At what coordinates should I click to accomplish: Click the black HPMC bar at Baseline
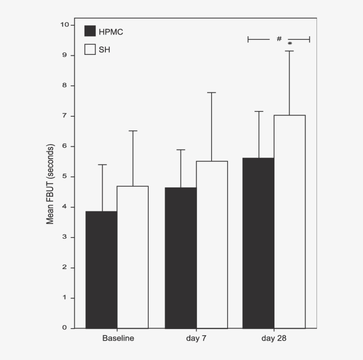point(101,269)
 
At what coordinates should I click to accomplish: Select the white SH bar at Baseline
point(132,257)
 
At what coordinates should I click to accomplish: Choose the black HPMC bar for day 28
point(259,243)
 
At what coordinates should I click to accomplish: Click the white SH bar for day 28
point(290,222)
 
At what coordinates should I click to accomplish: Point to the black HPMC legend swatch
point(90,31)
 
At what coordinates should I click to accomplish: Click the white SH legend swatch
point(90,50)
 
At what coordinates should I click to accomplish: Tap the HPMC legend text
point(111,31)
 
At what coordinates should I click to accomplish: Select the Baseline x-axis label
point(118,339)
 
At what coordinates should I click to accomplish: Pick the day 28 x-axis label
point(274,339)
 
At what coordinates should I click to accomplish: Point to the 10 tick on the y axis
point(65,25)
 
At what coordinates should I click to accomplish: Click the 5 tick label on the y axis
point(65,176)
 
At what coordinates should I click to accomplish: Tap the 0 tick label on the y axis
point(65,328)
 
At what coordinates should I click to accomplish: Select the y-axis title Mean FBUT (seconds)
point(50,184)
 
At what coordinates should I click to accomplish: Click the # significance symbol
point(279,39)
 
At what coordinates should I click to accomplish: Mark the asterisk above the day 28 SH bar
point(290,44)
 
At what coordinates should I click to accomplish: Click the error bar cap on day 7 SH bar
point(212,92)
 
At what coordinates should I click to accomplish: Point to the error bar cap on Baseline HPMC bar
point(102,165)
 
